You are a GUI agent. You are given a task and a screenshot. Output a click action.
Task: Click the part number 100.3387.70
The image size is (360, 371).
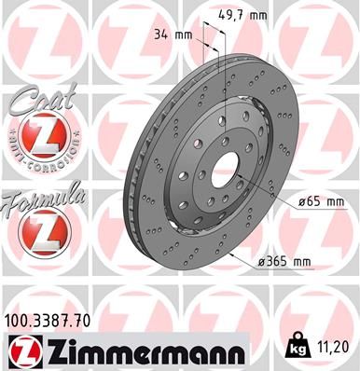pos(51,321)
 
